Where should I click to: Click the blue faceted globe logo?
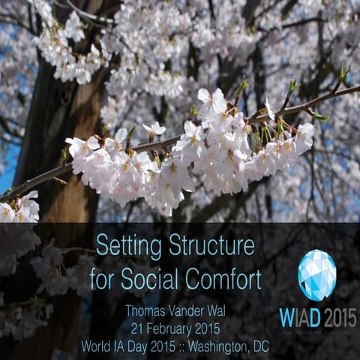click(x=316, y=275)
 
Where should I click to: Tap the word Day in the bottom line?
click(x=140, y=346)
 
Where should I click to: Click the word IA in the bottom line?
click(x=121, y=346)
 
